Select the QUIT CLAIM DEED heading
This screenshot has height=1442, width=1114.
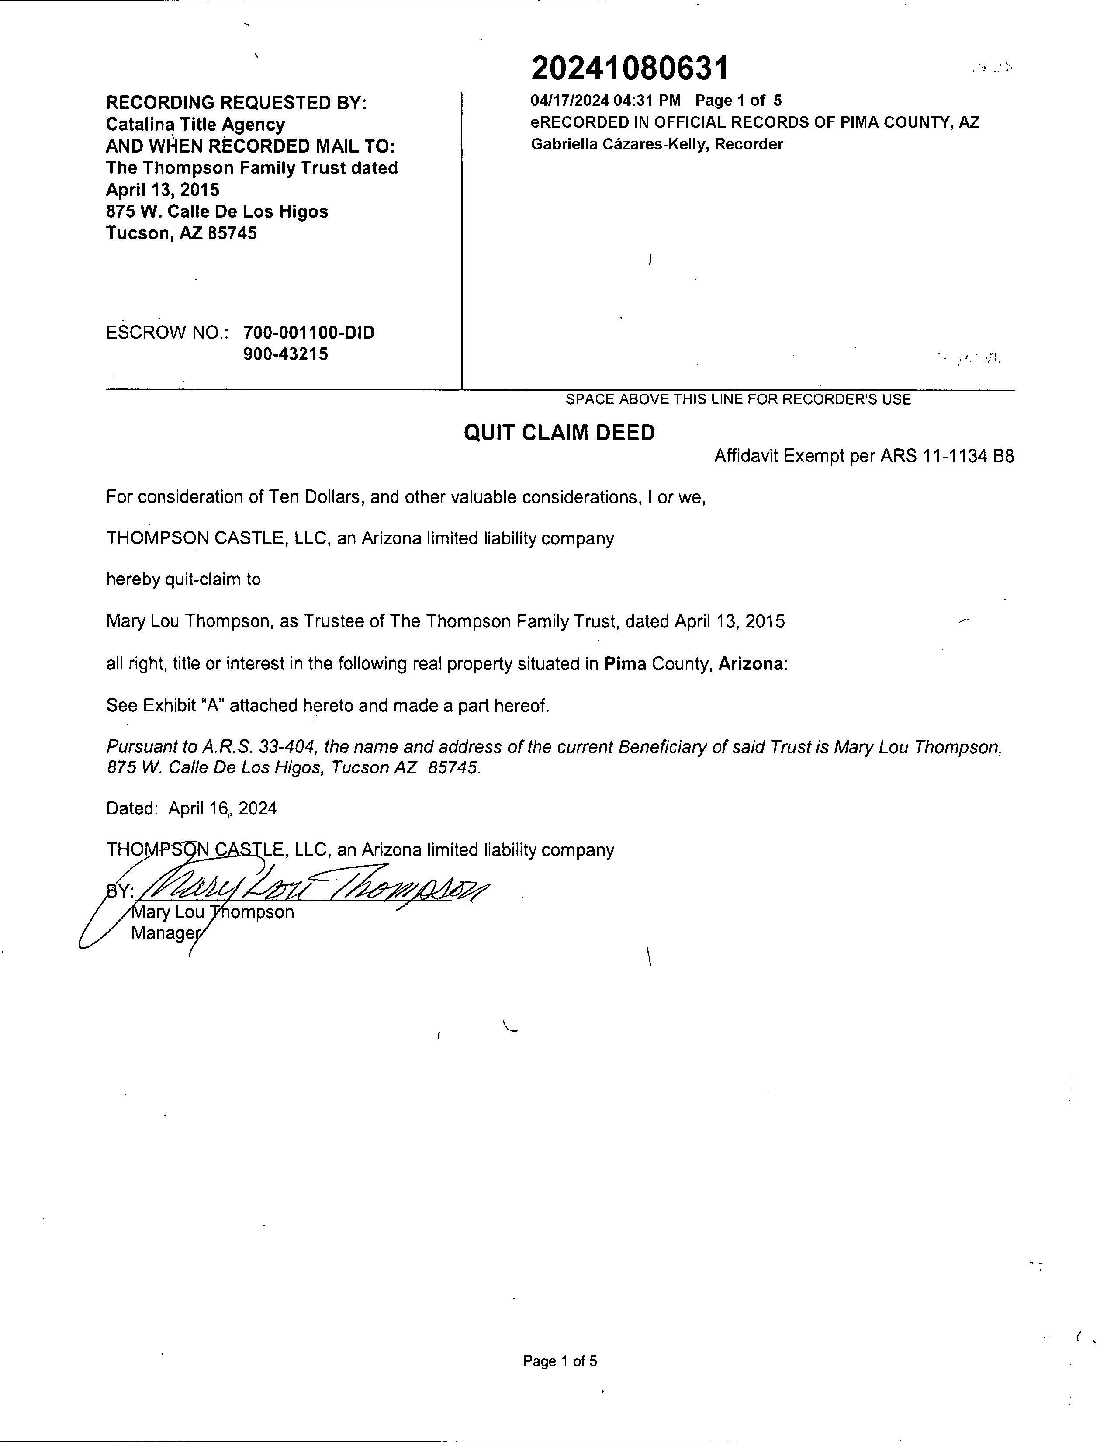559,433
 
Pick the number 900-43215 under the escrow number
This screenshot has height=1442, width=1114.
285,354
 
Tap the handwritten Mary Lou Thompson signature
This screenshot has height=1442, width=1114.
310,892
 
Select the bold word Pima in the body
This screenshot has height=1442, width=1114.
625,664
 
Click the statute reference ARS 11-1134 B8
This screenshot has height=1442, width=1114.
947,456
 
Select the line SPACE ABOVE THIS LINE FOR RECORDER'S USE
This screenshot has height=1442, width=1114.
738,399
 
